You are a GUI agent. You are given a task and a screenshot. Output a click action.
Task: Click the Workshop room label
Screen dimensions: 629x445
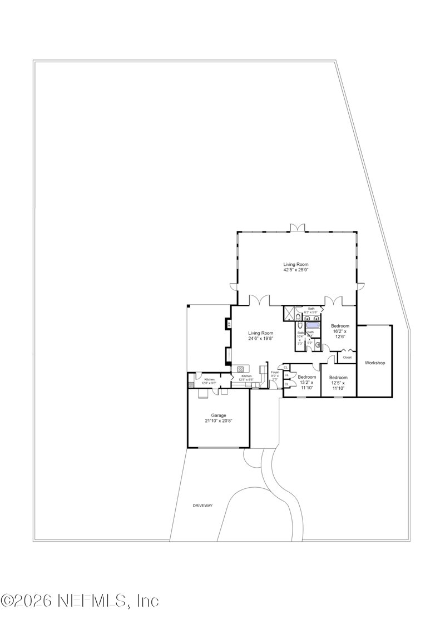(374, 363)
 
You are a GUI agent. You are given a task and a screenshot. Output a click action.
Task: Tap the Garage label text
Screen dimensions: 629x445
(218, 415)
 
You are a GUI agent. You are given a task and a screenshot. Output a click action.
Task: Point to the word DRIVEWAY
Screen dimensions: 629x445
(202, 505)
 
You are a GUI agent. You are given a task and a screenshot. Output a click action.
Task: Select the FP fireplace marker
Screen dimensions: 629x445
(229, 324)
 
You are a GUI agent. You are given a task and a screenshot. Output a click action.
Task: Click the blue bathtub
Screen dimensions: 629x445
(313, 325)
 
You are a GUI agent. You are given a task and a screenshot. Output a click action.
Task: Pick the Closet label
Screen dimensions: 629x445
(347, 357)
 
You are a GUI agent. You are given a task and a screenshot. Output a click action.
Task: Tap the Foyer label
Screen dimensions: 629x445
(275, 372)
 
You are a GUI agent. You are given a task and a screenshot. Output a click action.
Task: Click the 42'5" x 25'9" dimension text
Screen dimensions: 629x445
(295, 270)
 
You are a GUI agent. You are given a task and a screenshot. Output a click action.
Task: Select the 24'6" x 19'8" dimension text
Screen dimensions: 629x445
(260, 338)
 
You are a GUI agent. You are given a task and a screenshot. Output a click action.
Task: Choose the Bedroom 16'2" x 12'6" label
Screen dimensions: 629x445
(340, 331)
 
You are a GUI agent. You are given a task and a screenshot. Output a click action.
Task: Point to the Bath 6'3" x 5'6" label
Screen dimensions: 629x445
(311, 310)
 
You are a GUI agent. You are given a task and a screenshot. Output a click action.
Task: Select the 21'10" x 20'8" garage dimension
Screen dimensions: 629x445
(218, 420)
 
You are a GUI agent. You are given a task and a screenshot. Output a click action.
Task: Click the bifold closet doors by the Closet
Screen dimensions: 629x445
(347, 350)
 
